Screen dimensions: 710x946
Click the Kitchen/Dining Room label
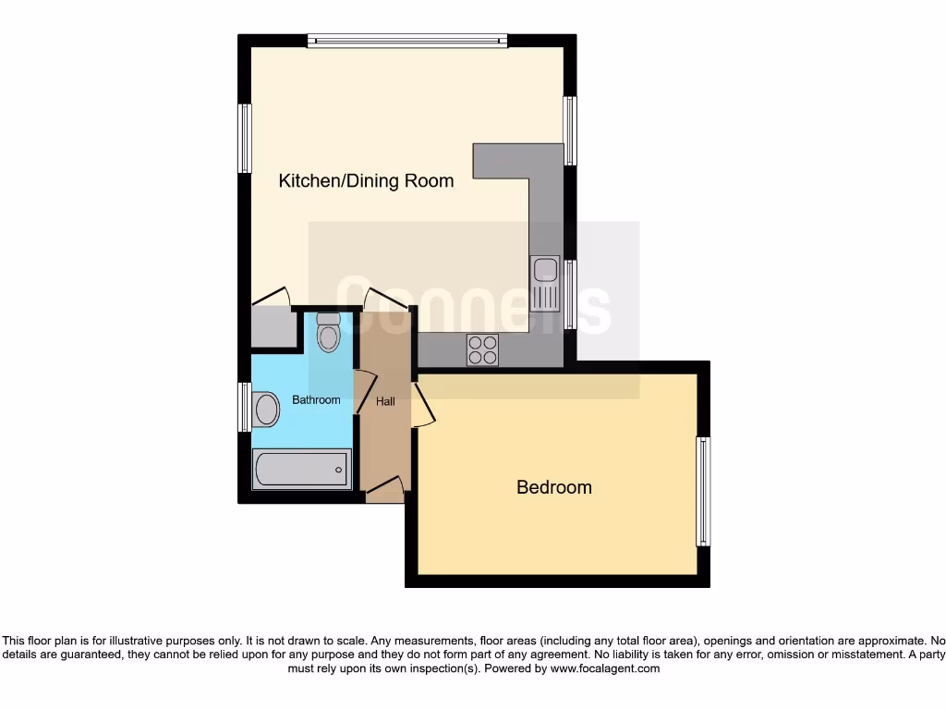point(366,180)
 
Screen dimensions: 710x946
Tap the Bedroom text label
point(553,487)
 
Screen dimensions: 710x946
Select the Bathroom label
point(316,400)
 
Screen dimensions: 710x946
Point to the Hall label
point(385,401)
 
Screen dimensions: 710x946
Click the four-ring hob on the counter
point(482,349)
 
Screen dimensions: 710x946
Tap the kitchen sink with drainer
point(546,283)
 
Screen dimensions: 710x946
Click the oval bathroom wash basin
point(266,409)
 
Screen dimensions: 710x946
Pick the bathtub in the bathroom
point(301,469)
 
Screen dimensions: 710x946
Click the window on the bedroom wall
point(703,491)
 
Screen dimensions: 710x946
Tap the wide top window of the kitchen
point(407,41)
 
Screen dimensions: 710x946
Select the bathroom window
point(245,407)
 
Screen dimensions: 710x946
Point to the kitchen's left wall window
point(245,138)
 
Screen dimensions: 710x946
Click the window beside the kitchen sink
point(570,294)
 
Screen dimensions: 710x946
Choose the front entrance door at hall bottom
point(385,490)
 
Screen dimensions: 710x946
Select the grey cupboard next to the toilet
point(273,326)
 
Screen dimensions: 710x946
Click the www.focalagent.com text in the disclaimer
point(607,668)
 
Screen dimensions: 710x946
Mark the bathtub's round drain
point(339,470)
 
